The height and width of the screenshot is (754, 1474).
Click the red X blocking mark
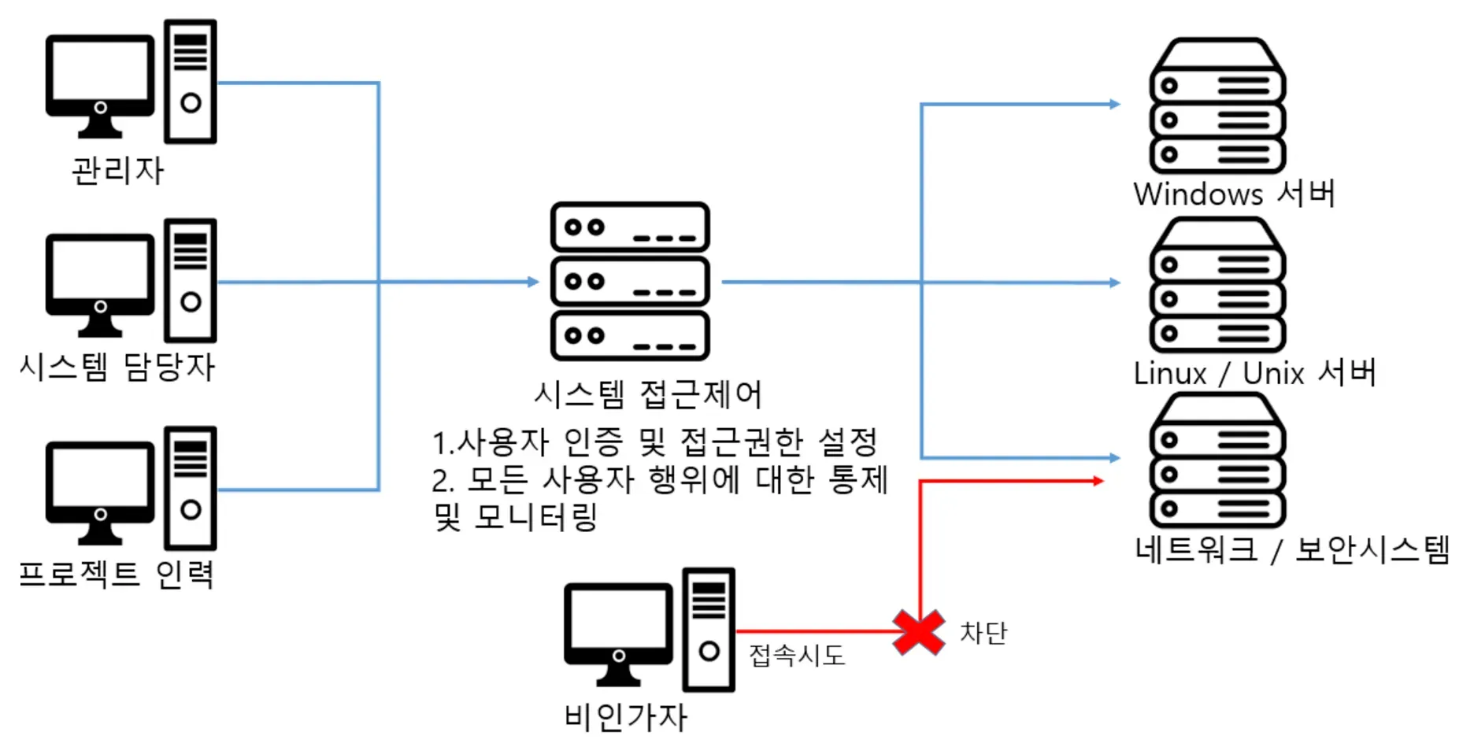coord(919,632)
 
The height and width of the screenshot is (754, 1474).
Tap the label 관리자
coord(118,170)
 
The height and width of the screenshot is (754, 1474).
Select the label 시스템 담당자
coord(117,367)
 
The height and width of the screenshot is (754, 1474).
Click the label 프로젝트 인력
coord(117,574)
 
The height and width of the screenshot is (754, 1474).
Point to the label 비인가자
coord(626,717)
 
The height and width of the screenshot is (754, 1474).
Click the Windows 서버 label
coord(1234,194)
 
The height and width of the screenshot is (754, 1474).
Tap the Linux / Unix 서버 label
coord(1254,372)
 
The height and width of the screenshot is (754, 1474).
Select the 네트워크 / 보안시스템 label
coord(1291,549)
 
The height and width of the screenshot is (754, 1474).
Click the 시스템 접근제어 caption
coord(648,394)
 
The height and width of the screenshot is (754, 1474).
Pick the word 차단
coord(983,632)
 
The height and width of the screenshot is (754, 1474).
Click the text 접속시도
coord(797,655)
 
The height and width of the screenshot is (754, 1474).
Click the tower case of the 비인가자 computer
coord(709,630)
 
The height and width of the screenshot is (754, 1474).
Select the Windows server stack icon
coord(1217,106)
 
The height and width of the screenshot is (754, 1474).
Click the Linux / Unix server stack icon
coord(1217,285)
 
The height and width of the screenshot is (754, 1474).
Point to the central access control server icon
coord(630,281)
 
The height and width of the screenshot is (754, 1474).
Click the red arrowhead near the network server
coord(1099,480)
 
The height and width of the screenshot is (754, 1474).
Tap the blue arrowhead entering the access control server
coord(533,281)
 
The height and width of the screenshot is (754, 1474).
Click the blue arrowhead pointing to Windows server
coord(1114,104)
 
